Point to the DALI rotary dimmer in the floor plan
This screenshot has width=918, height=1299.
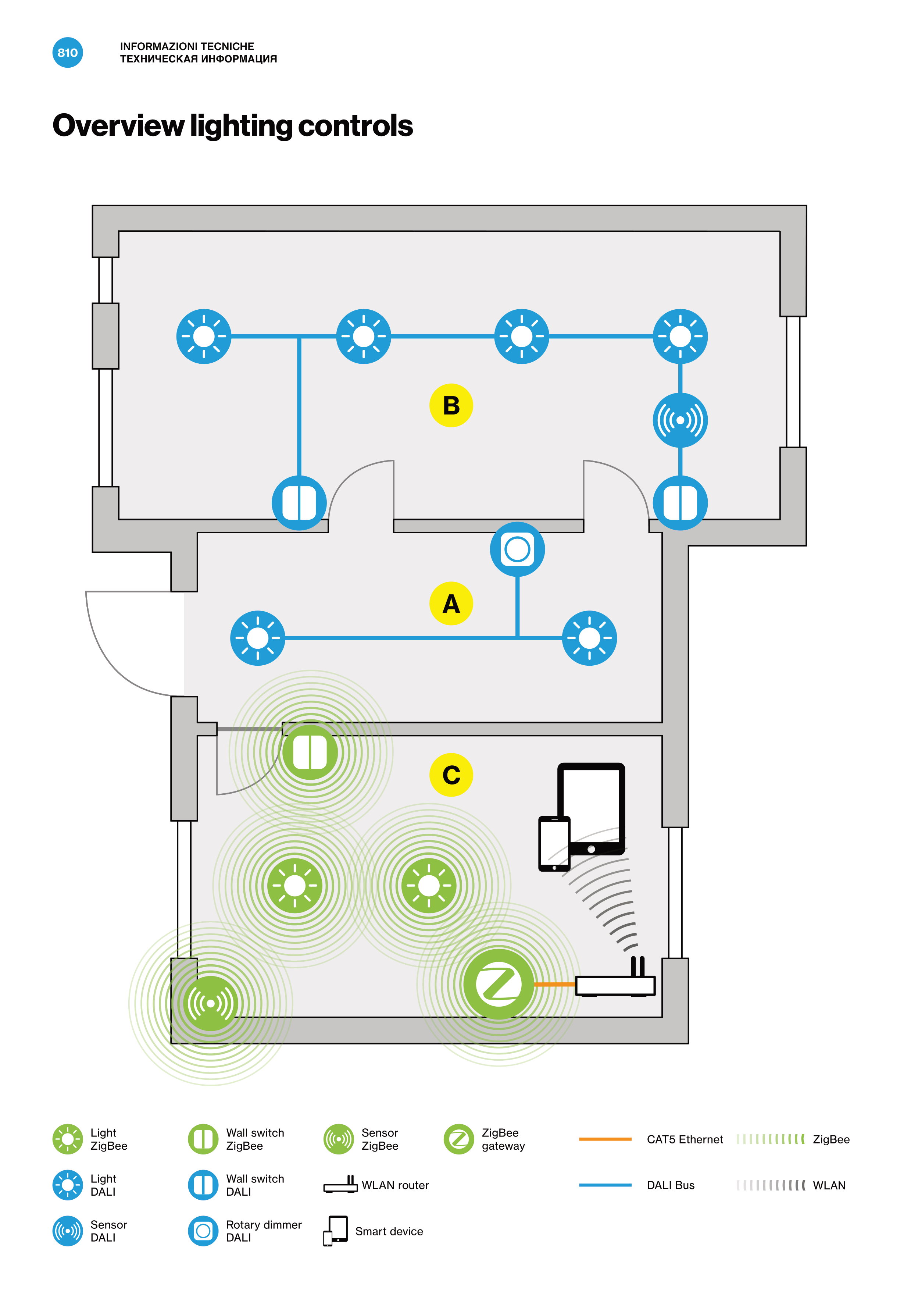point(517,549)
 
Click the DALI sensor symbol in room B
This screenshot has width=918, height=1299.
point(680,420)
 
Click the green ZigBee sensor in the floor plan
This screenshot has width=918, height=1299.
point(210,1003)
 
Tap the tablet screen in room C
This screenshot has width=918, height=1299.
point(591,806)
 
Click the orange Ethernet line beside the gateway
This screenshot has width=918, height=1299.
point(554,985)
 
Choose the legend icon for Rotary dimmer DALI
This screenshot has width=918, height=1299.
point(203,1231)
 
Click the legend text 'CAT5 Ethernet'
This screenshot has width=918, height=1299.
point(685,1139)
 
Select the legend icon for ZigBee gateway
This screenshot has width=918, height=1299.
point(459,1139)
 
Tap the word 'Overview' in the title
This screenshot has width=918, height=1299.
point(118,126)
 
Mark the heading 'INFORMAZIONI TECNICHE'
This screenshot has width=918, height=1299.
point(187,46)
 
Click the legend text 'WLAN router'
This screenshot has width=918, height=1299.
point(395,1185)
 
